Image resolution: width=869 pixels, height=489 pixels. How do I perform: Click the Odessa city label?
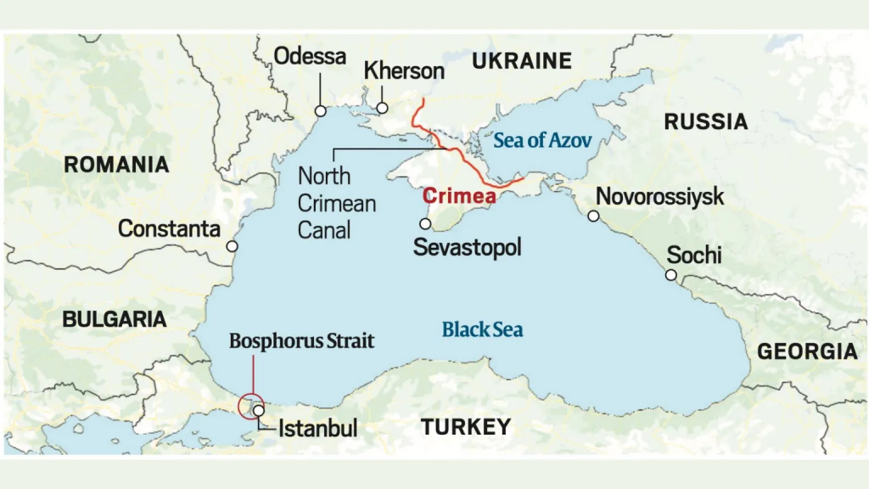point(310,57)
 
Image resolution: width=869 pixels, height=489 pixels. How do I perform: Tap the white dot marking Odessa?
point(321,110)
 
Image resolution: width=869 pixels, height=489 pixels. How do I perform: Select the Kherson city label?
point(404,70)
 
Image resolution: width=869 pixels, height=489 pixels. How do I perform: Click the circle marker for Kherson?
point(383,108)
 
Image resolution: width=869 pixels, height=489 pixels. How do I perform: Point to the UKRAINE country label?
point(522,60)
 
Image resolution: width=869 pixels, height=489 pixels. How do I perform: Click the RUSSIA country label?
point(706,122)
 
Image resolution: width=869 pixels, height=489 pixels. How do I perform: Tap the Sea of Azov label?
point(541,141)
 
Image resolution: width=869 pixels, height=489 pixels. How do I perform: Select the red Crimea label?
point(459,196)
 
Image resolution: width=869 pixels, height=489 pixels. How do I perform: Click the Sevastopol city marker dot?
point(425,224)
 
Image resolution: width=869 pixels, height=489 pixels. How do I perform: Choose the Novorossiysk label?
point(659,197)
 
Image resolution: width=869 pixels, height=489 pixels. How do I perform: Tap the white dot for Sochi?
point(670,275)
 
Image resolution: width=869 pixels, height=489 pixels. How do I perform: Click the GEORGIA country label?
point(807,351)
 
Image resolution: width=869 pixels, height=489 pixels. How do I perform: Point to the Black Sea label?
point(482,329)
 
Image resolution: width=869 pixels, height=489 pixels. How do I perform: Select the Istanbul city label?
point(318,427)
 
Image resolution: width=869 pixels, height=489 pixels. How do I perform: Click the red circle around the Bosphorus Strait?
point(252,406)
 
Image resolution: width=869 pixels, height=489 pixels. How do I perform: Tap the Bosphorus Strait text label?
point(301,341)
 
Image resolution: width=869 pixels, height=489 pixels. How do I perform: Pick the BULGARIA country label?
point(115,319)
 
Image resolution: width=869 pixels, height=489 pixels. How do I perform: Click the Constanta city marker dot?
point(232,246)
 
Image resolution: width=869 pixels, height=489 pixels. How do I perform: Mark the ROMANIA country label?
point(116,165)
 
